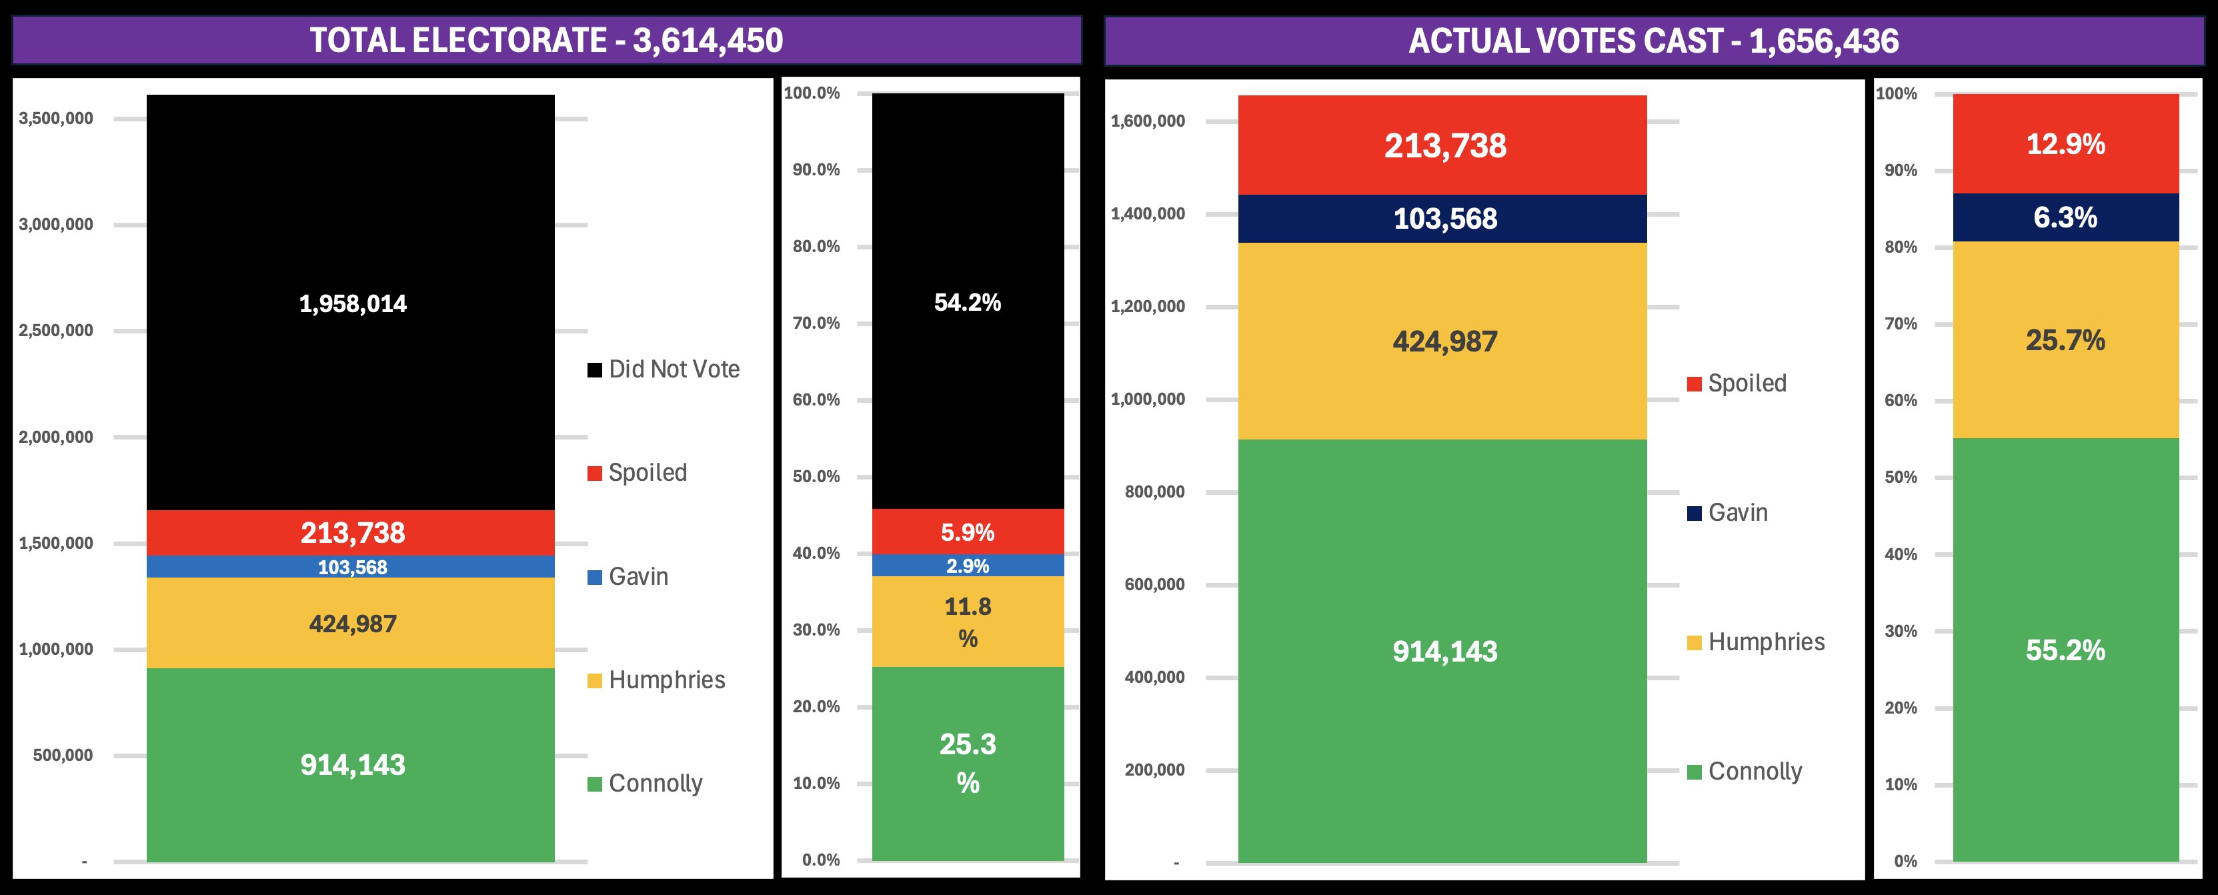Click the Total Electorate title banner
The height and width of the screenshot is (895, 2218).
coord(546,41)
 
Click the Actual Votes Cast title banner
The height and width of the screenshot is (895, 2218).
coord(1653,41)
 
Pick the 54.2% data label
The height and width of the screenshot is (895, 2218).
coord(967,302)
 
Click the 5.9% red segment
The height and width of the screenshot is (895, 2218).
coord(967,532)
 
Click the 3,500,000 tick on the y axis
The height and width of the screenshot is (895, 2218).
coord(56,118)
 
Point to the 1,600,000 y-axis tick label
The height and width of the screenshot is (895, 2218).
coord(1148,121)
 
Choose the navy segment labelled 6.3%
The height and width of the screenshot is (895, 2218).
coord(2065,217)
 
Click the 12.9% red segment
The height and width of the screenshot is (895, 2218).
coord(2065,144)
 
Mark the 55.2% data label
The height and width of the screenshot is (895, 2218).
coord(2065,650)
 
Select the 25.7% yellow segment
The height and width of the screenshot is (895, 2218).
coord(2065,340)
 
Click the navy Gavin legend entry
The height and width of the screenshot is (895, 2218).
coord(1728,514)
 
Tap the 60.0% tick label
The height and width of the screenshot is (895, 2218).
coord(816,399)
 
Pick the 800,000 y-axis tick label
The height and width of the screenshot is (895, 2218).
coord(1154,492)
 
